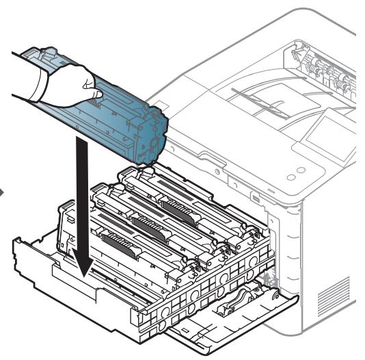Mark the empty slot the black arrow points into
pyautogui.click(x=89, y=287)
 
